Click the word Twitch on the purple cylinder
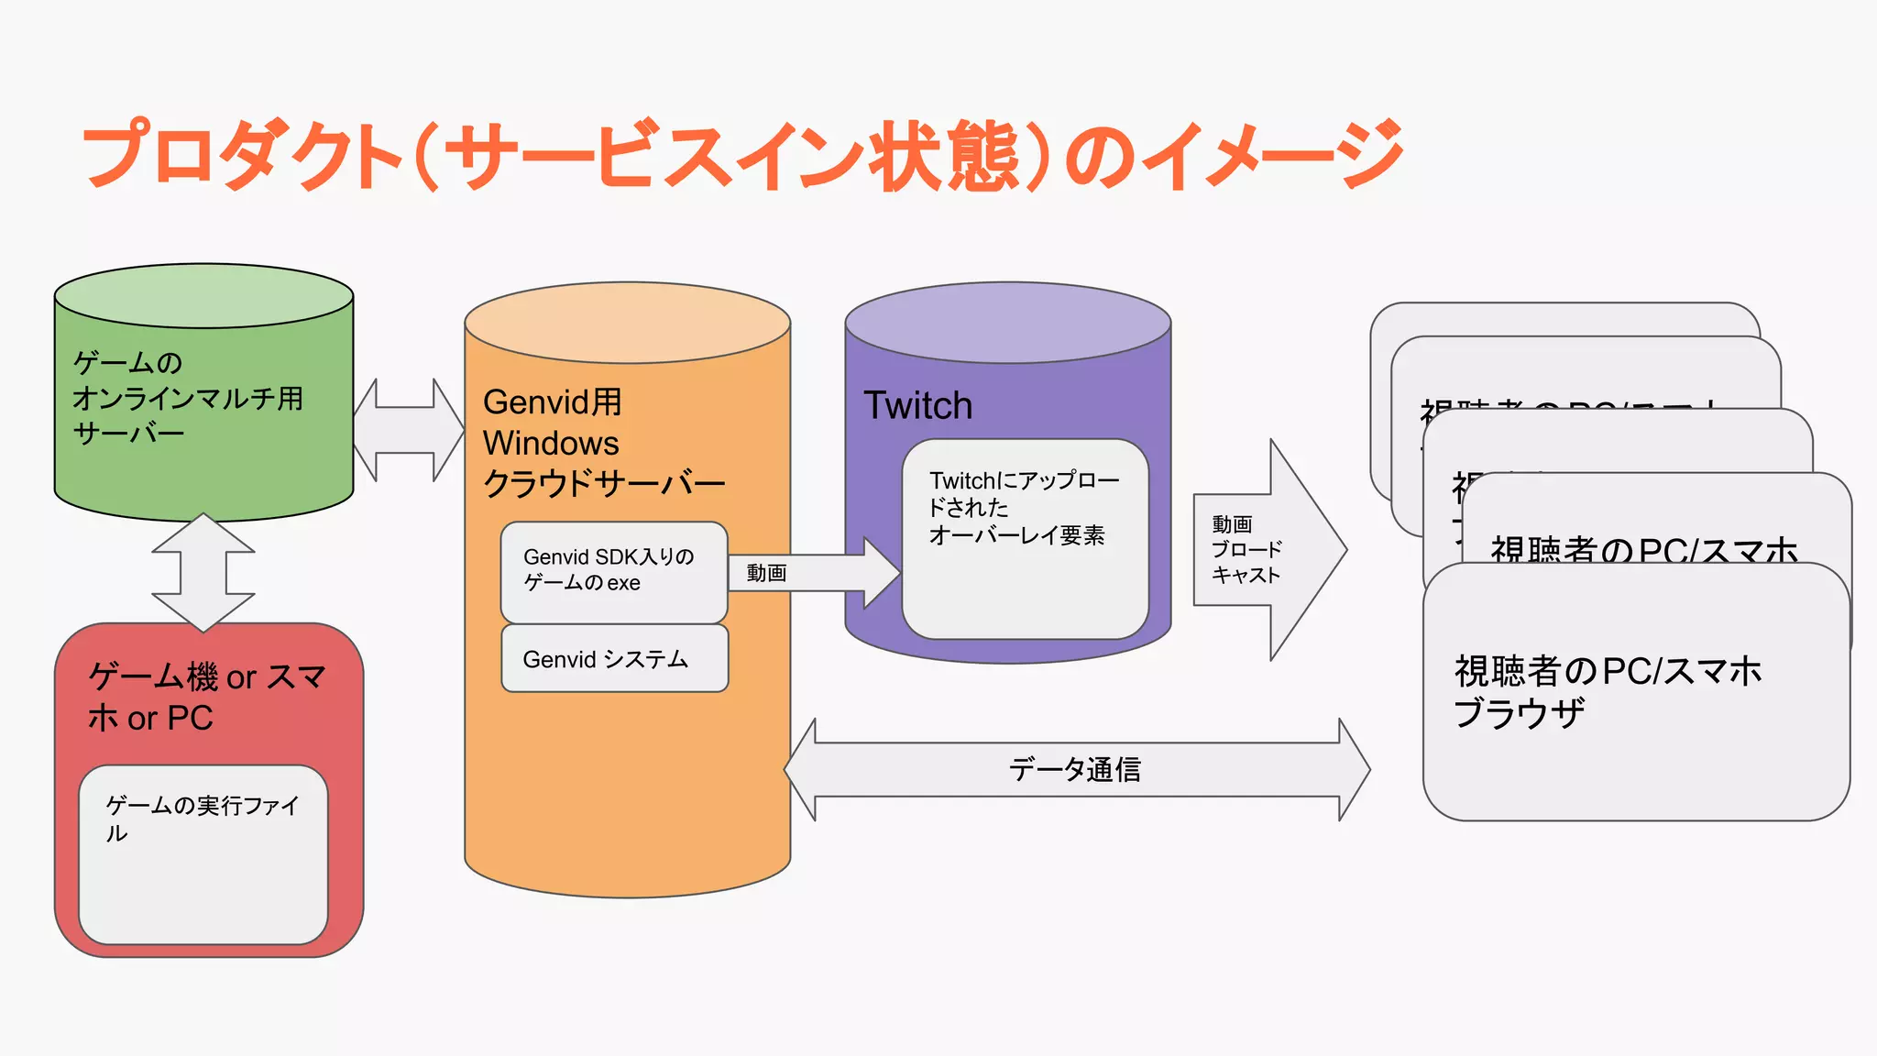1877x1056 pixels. click(917, 405)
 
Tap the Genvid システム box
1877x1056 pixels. click(614, 659)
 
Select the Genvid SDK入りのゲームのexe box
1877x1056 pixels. click(613, 571)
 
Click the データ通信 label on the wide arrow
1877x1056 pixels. click(1075, 769)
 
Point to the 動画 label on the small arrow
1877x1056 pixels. click(766, 573)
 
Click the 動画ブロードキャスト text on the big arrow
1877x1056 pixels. click(1246, 550)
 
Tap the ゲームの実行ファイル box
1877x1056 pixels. click(203, 854)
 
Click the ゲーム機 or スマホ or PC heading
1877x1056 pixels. click(207, 697)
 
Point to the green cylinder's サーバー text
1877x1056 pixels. click(128, 433)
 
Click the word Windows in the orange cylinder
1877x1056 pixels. click(551, 443)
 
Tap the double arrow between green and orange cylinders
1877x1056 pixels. click(409, 430)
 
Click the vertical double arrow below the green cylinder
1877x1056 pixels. click(203, 573)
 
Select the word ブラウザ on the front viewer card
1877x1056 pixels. click(1519, 713)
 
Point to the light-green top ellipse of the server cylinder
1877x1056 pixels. click(203, 296)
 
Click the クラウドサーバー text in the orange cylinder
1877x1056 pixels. click(604, 483)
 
